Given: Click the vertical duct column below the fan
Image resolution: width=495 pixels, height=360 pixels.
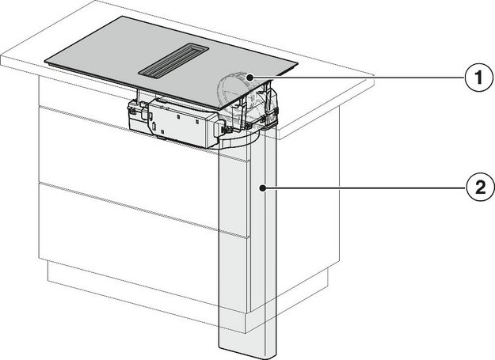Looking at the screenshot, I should [248, 245].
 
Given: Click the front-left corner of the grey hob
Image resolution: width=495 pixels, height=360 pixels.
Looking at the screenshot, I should [45, 59].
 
